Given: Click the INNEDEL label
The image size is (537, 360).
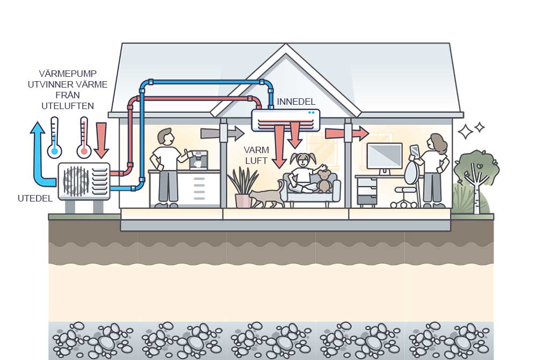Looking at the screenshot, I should (x=296, y=102).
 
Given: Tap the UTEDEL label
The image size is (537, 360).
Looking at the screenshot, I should (x=35, y=198).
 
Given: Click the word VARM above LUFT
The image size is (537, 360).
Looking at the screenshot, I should (x=257, y=149).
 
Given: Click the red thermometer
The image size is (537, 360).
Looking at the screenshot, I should (x=84, y=138).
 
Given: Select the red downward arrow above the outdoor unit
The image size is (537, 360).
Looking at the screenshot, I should (x=101, y=138).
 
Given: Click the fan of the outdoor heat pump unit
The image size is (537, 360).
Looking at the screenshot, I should (x=76, y=180).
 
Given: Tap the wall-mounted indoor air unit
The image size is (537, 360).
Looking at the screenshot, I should (x=285, y=120).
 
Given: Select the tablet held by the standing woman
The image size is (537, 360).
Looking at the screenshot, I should (x=414, y=150).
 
